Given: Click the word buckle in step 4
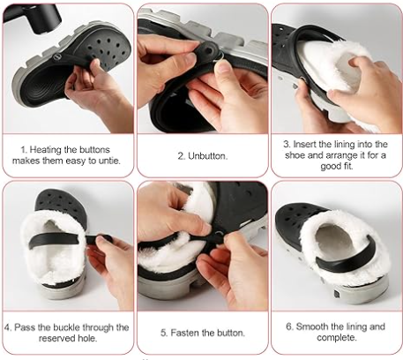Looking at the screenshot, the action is pyautogui.click(x=65, y=327).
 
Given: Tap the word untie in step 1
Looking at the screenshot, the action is pyautogui.click(x=112, y=161).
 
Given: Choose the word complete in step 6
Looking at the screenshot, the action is pyautogui.click(x=337, y=338).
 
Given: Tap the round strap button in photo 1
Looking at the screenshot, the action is pyautogui.click(x=56, y=56).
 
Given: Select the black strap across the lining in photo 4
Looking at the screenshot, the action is pyautogui.click(x=59, y=239).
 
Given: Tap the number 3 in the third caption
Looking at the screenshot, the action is pyautogui.click(x=287, y=144).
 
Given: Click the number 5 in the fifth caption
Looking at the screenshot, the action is pyautogui.click(x=163, y=333).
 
